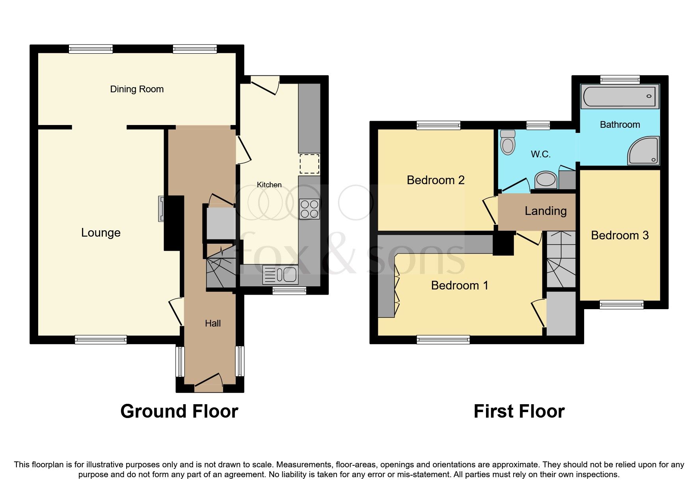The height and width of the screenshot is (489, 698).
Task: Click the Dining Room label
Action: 137,89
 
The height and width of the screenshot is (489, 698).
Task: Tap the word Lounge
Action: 101,233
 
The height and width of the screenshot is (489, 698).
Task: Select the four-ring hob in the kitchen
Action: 309,209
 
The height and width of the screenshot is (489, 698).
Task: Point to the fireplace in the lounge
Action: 162,209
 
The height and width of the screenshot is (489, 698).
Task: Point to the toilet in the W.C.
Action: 508,142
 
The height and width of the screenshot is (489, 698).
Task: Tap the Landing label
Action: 545,211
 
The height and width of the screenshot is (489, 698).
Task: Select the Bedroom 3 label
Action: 620,235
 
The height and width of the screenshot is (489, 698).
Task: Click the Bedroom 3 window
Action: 621,304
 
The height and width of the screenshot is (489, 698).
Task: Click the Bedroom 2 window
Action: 438,125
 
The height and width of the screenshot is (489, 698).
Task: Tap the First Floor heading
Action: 519,411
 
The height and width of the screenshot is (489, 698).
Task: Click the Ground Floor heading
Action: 179,411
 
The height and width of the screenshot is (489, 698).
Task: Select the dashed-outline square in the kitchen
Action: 309,164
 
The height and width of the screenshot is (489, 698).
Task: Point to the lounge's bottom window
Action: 101,340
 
